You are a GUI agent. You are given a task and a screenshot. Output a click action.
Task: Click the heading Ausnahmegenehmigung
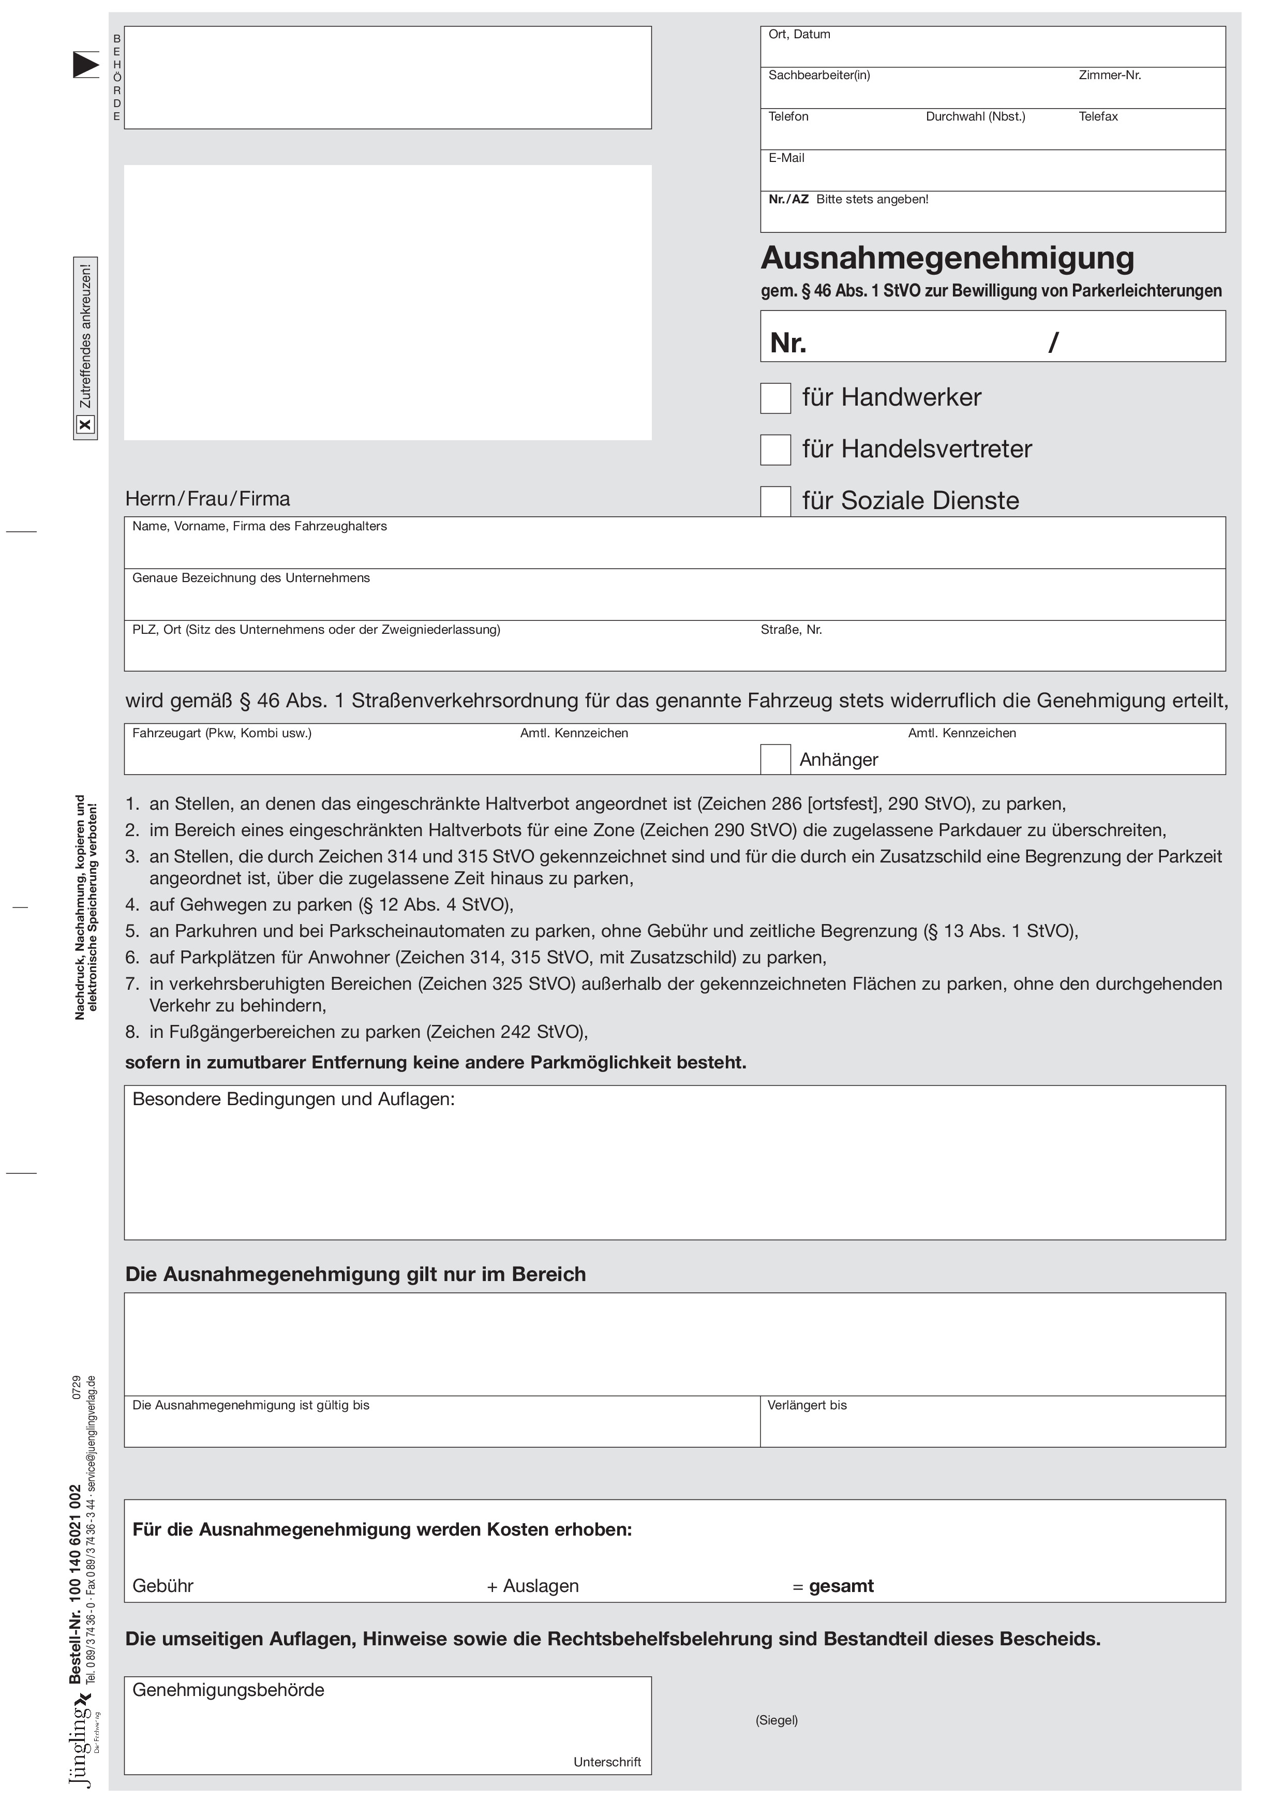(947, 258)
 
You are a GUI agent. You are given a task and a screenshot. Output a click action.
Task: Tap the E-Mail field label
(786, 158)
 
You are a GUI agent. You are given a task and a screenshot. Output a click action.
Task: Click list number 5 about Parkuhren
(132, 931)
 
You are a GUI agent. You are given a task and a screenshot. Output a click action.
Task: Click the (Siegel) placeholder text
(777, 1720)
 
